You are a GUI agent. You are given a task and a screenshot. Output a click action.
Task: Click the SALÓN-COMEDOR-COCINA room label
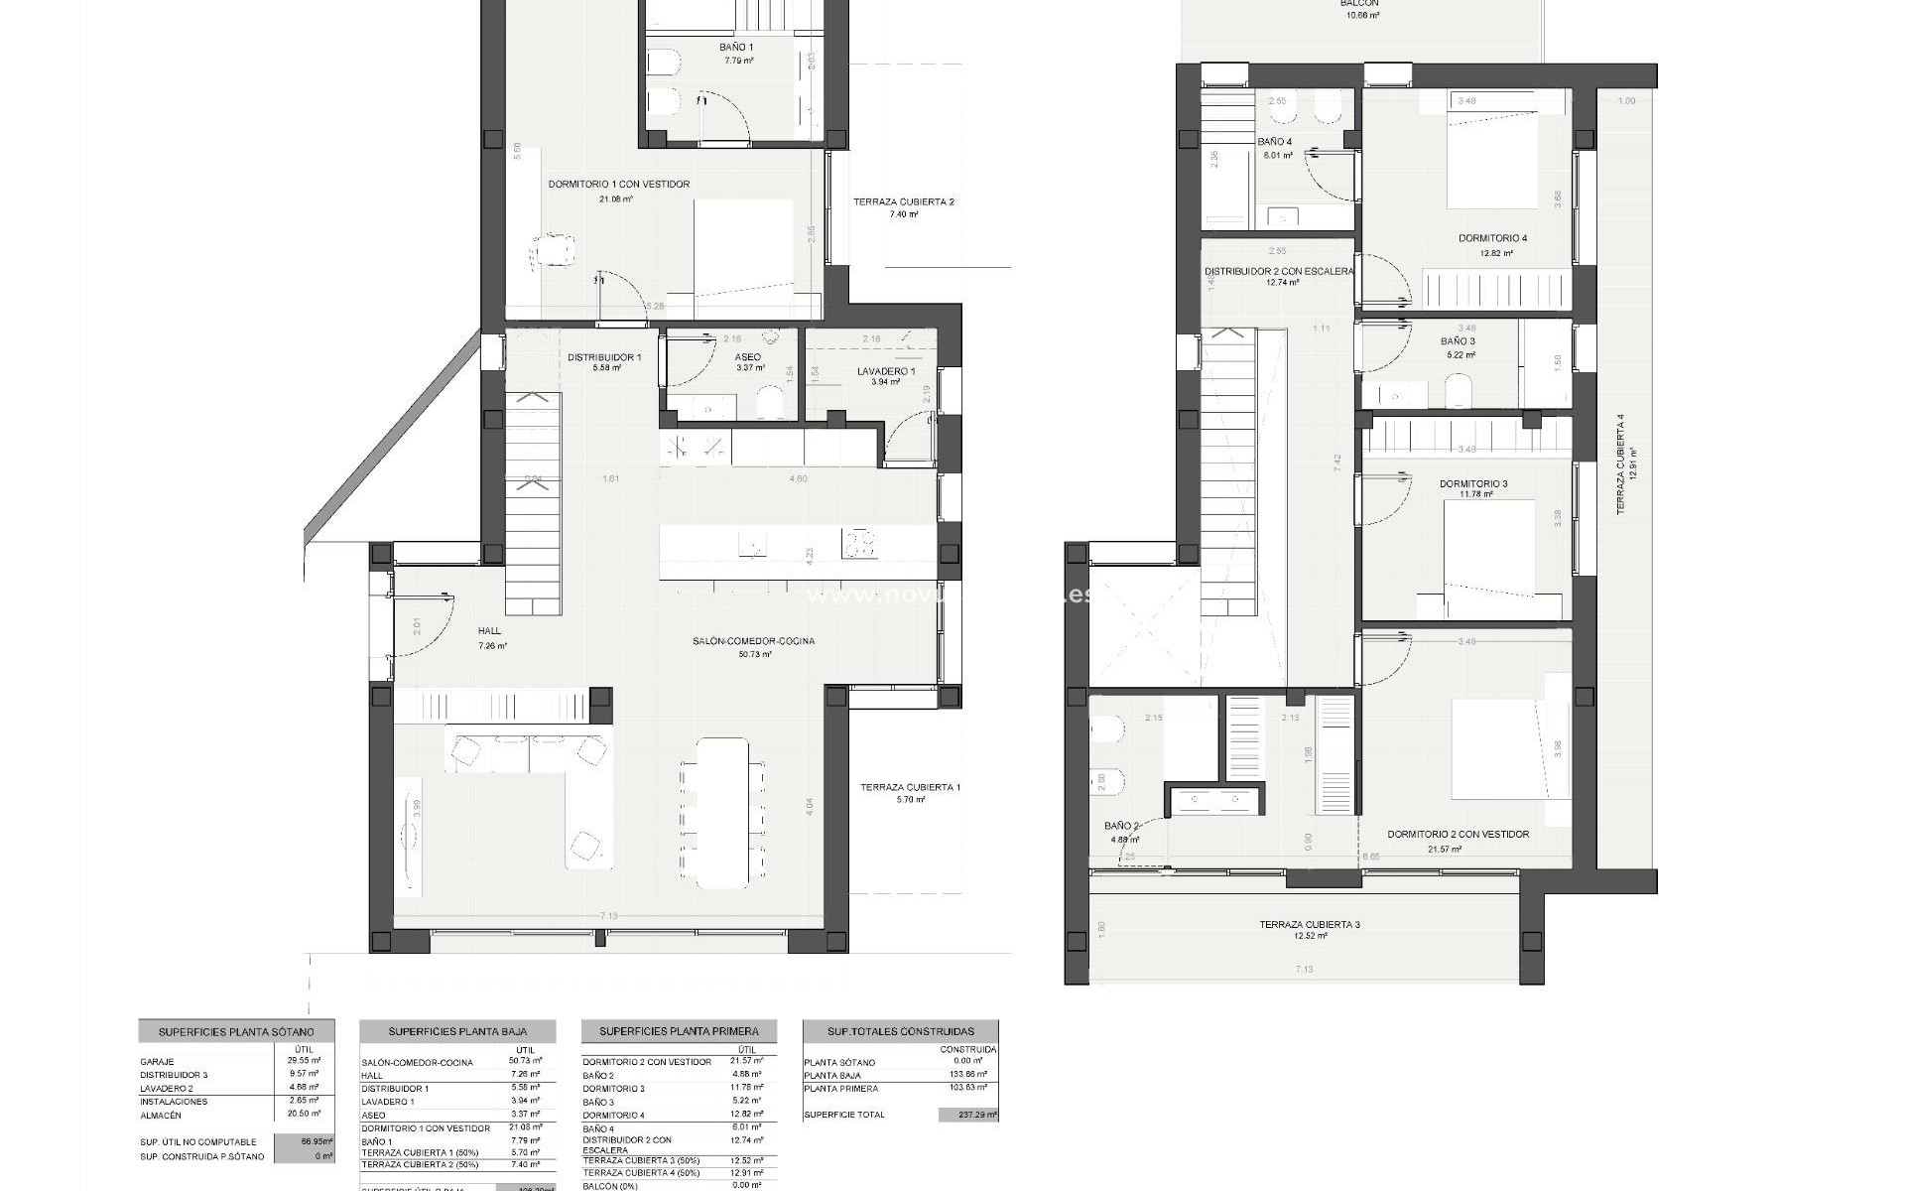pyautogui.click(x=754, y=641)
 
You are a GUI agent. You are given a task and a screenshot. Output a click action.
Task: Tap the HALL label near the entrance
pyautogui.click(x=489, y=631)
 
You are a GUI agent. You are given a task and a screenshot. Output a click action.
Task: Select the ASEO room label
pyautogui.click(x=748, y=357)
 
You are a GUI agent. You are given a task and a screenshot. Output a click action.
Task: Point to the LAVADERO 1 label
pyautogui.click(x=886, y=372)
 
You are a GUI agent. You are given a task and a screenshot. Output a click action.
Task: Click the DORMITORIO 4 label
pyautogui.click(x=1492, y=238)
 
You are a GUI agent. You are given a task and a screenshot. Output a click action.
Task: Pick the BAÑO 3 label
pyautogui.click(x=1458, y=341)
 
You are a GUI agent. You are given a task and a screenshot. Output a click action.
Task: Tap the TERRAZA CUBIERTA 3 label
pyautogui.click(x=1310, y=925)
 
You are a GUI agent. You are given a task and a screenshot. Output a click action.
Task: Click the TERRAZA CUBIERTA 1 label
pyautogui.click(x=910, y=787)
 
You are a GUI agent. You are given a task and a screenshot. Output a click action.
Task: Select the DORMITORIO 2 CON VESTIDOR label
pyautogui.click(x=1458, y=835)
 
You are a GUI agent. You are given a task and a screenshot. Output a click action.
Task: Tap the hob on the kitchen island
pyautogui.click(x=859, y=544)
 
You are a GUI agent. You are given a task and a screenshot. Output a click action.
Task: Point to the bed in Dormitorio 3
pyautogui.click(x=1487, y=546)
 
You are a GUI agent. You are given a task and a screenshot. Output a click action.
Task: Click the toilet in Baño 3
pyautogui.click(x=1458, y=390)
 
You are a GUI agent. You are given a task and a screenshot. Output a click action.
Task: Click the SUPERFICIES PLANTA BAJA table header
pyautogui.click(x=457, y=1031)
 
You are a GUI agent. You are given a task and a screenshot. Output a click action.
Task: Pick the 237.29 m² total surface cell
pyautogui.click(x=967, y=1115)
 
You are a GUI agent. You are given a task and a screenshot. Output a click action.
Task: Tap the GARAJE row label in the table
pyautogui.click(x=157, y=1062)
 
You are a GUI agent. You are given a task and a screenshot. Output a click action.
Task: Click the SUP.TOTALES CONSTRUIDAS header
pyautogui.click(x=901, y=1031)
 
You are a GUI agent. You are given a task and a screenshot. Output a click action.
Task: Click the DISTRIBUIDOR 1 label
pyautogui.click(x=604, y=357)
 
